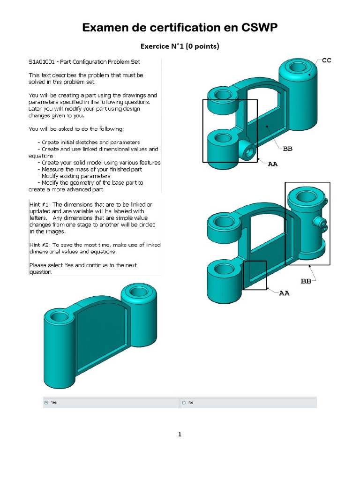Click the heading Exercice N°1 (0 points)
[x=180, y=46]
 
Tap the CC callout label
[x=326, y=61]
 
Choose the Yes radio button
[x=46, y=402]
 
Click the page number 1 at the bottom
[x=180, y=435]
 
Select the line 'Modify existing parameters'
[x=76, y=176]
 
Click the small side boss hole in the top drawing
[x=248, y=152]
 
